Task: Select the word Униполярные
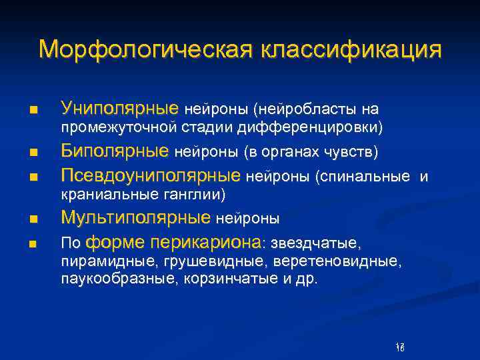pyautogui.click(x=119, y=108)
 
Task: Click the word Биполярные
pyautogui.click(x=115, y=151)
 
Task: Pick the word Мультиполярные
pyautogui.click(x=136, y=217)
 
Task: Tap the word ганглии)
pyautogui.click(x=198, y=195)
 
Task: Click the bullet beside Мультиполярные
pyautogui.click(x=33, y=219)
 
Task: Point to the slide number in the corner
pyautogui.click(x=400, y=346)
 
